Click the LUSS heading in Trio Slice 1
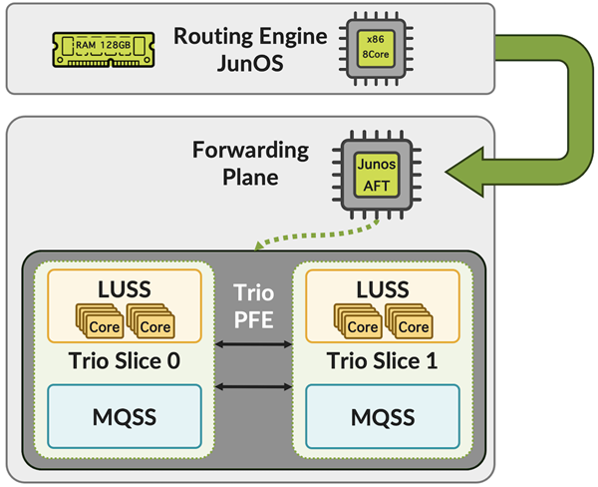[382, 289]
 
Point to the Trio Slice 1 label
[382, 360]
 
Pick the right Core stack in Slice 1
[412, 322]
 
